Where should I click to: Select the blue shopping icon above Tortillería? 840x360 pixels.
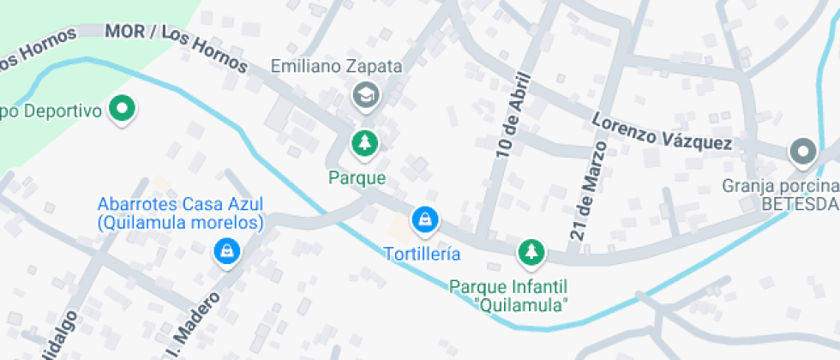(423, 220)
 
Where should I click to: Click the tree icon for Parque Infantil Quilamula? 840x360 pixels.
(531, 251)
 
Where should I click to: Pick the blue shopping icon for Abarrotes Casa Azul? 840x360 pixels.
(225, 251)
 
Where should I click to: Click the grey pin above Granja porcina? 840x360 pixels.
(803, 152)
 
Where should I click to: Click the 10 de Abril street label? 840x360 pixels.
(510, 114)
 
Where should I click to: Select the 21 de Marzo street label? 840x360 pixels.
(587, 190)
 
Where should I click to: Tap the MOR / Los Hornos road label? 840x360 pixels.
(176, 47)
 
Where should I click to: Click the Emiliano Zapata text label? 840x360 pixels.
(336, 65)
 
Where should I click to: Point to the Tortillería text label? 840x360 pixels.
(422, 254)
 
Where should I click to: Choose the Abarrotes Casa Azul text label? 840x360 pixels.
(180, 213)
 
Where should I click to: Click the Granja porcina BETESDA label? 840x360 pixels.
(780, 195)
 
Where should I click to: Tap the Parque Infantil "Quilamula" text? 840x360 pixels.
(509, 295)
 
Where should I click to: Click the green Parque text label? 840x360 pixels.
(357, 178)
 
